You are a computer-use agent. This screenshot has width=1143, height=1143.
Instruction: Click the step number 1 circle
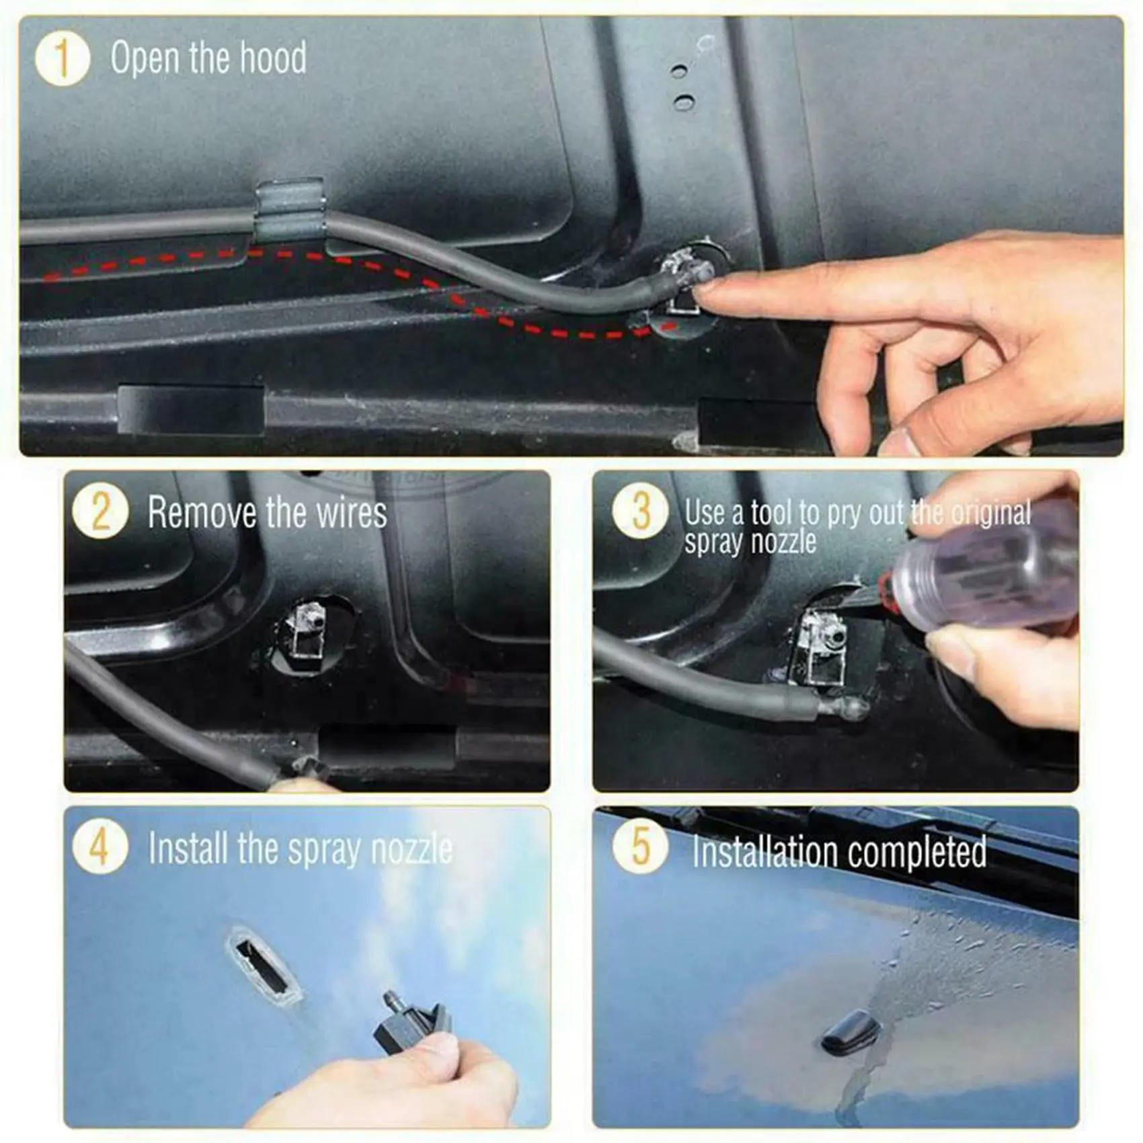coord(62,59)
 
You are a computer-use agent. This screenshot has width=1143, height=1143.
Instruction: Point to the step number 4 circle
coord(100,846)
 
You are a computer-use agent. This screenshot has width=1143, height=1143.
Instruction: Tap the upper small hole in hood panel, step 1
coord(679,71)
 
